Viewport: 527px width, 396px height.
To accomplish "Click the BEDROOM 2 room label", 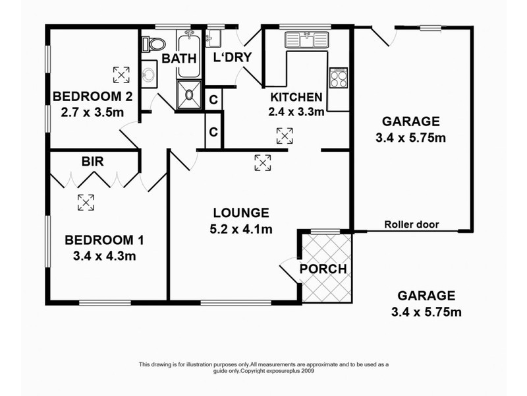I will [x=92, y=97].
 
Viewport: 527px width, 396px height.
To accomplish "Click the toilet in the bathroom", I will [x=155, y=45].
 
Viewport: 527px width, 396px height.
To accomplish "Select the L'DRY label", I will [x=233, y=57].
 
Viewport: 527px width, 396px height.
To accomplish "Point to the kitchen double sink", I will [x=306, y=40].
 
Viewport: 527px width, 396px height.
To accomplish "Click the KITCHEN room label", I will [x=296, y=97].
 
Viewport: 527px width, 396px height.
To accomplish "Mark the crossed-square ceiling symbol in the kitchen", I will [x=285, y=136].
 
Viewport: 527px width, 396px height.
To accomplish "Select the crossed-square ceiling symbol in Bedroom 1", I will [x=86, y=202].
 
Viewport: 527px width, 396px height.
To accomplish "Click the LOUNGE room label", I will [x=240, y=213].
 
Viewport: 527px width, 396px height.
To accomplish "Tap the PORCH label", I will [x=323, y=269].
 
